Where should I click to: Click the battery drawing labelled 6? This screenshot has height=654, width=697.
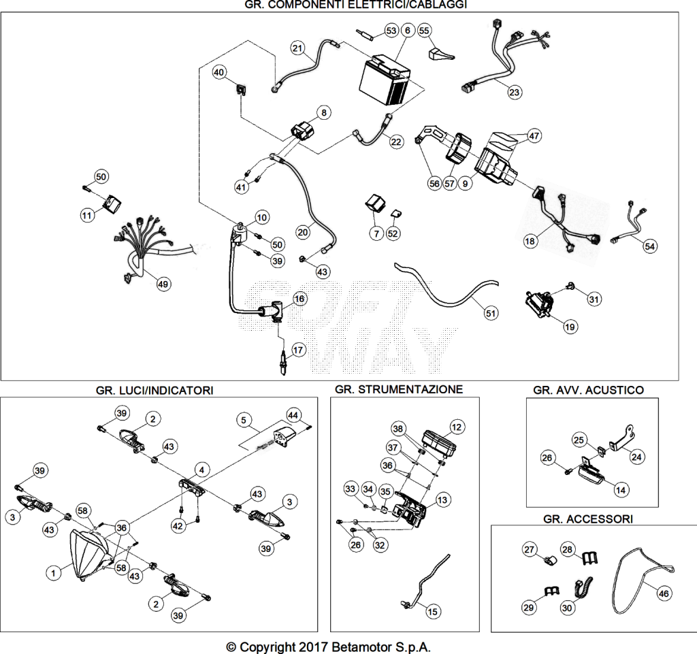(x=385, y=80)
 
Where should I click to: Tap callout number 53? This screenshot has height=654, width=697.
(x=391, y=31)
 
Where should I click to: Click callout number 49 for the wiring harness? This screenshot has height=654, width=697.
(x=163, y=284)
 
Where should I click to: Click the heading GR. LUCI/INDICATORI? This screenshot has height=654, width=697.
(x=155, y=390)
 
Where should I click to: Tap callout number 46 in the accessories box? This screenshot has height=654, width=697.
(x=664, y=593)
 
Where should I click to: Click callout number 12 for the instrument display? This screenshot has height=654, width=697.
(x=457, y=427)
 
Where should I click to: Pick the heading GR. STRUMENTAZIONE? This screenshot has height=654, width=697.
(x=399, y=389)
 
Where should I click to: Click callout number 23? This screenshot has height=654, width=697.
(x=515, y=93)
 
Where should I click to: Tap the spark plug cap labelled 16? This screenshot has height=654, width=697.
(x=270, y=311)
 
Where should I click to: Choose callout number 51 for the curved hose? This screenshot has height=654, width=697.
(x=490, y=313)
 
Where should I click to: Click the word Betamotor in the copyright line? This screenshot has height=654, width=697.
(x=362, y=647)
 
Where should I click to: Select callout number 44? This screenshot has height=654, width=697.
(x=293, y=415)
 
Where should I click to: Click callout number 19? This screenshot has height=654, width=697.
(x=570, y=327)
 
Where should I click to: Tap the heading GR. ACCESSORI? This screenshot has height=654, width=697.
(x=588, y=519)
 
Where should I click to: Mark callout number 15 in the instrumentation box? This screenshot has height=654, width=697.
(x=432, y=612)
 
